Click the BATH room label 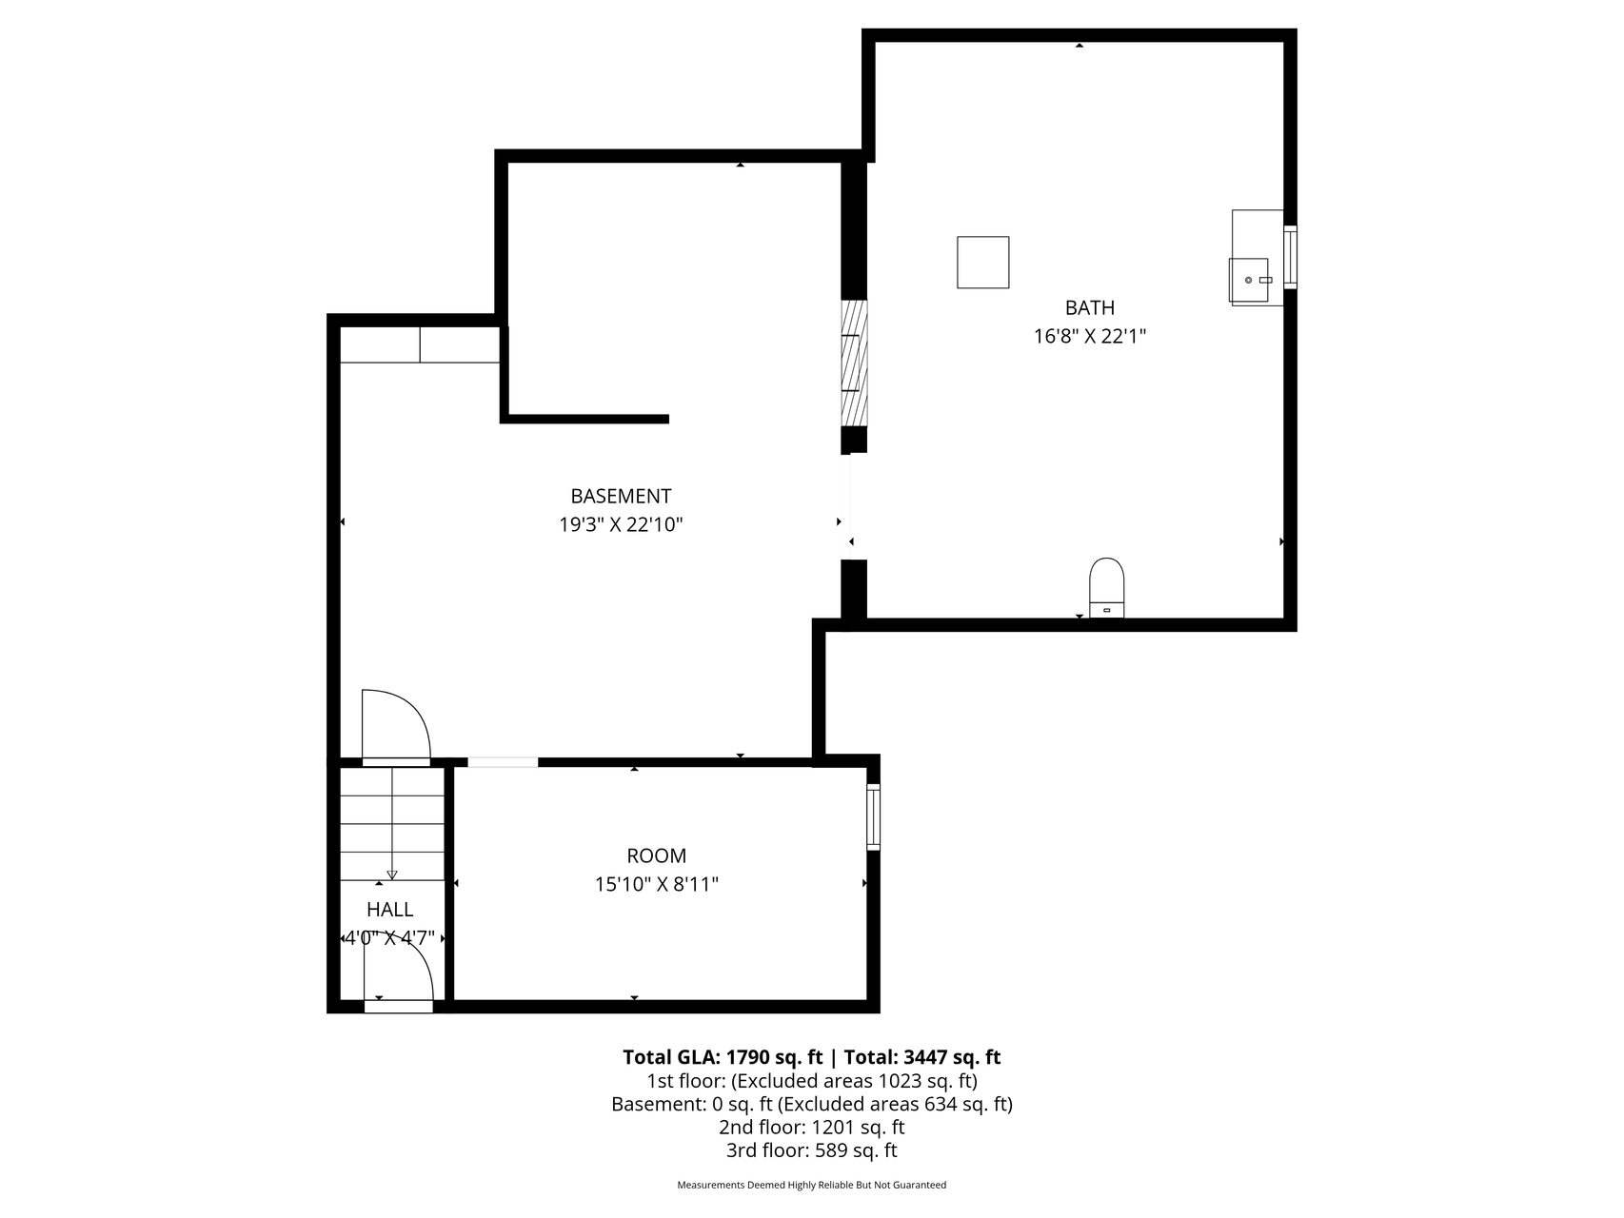coord(1089,307)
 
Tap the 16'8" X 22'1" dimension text coord(1089,336)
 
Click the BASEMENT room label coord(621,496)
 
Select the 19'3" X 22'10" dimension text coord(621,524)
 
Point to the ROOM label coord(656,855)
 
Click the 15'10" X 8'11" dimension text coord(656,884)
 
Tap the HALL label coord(389,910)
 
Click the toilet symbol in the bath coord(1106,586)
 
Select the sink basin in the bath coord(1250,280)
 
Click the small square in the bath coord(982,262)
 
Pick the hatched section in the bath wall coord(854,363)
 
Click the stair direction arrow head coord(392,874)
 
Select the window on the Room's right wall coord(873,816)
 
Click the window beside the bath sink coord(1290,257)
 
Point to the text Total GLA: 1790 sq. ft coord(722,1057)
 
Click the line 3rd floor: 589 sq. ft coord(811,1150)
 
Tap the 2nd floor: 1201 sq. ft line coord(811,1128)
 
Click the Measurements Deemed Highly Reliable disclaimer coord(811,1186)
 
